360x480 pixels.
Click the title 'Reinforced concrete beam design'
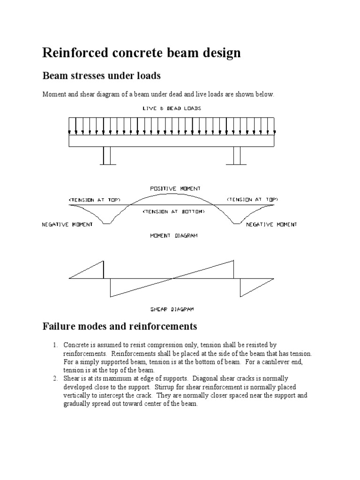tap(142, 53)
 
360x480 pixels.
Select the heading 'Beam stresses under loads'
tap(101, 75)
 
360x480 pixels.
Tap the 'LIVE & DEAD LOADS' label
tap(172, 108)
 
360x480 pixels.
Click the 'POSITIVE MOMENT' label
tap(172, 188)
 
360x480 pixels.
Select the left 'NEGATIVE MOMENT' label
tap(67, 225)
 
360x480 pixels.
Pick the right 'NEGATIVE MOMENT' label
tap(271, 225)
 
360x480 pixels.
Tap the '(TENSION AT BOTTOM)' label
tap(173, 212)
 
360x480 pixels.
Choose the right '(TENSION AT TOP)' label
tap(250, 199)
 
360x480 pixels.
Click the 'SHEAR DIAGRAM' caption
tap(172, 309)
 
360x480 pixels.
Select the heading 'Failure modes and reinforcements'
tap(120, 326)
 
